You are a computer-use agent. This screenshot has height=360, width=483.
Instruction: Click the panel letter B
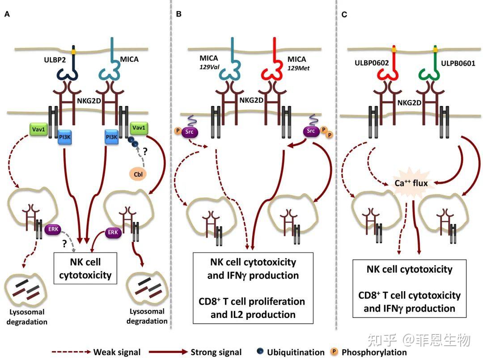(x=178, y=14)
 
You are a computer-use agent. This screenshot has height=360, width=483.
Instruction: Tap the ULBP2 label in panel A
(x=55, y=60)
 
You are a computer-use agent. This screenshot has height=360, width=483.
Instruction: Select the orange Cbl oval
(x=138, y=174)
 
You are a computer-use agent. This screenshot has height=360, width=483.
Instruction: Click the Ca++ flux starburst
(x=411, y=183)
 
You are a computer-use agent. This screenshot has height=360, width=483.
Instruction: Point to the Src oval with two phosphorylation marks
(x=311, y=131)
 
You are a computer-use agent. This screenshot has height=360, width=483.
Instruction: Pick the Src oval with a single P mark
(x=189, y=132)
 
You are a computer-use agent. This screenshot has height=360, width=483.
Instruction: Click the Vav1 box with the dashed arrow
(x=38, y=130)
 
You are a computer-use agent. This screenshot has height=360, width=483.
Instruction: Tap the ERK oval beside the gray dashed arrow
(x=53, y=229)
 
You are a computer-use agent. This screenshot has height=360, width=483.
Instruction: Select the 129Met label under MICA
(x=298, y=68)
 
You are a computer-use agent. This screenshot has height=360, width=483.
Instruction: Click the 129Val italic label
(x=209, y=67)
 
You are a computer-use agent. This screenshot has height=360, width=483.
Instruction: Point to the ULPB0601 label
(x=458, y=64)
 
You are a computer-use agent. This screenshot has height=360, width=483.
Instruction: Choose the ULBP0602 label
(x=372, y=63)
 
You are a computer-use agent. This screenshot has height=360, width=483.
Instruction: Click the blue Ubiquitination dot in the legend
(x=260, y=351)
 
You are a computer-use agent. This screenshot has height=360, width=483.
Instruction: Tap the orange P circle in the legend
(x=333, y=352)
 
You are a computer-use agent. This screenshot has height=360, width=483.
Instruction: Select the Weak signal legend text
(x=117, y=352)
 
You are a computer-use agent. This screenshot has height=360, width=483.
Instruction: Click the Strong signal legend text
(x=216, y=352)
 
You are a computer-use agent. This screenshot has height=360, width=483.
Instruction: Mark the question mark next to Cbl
(x=145, y=151)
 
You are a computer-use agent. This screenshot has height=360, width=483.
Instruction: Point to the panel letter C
(x=344, y=14)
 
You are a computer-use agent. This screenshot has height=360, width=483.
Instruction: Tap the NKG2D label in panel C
(x=409, y=102)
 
